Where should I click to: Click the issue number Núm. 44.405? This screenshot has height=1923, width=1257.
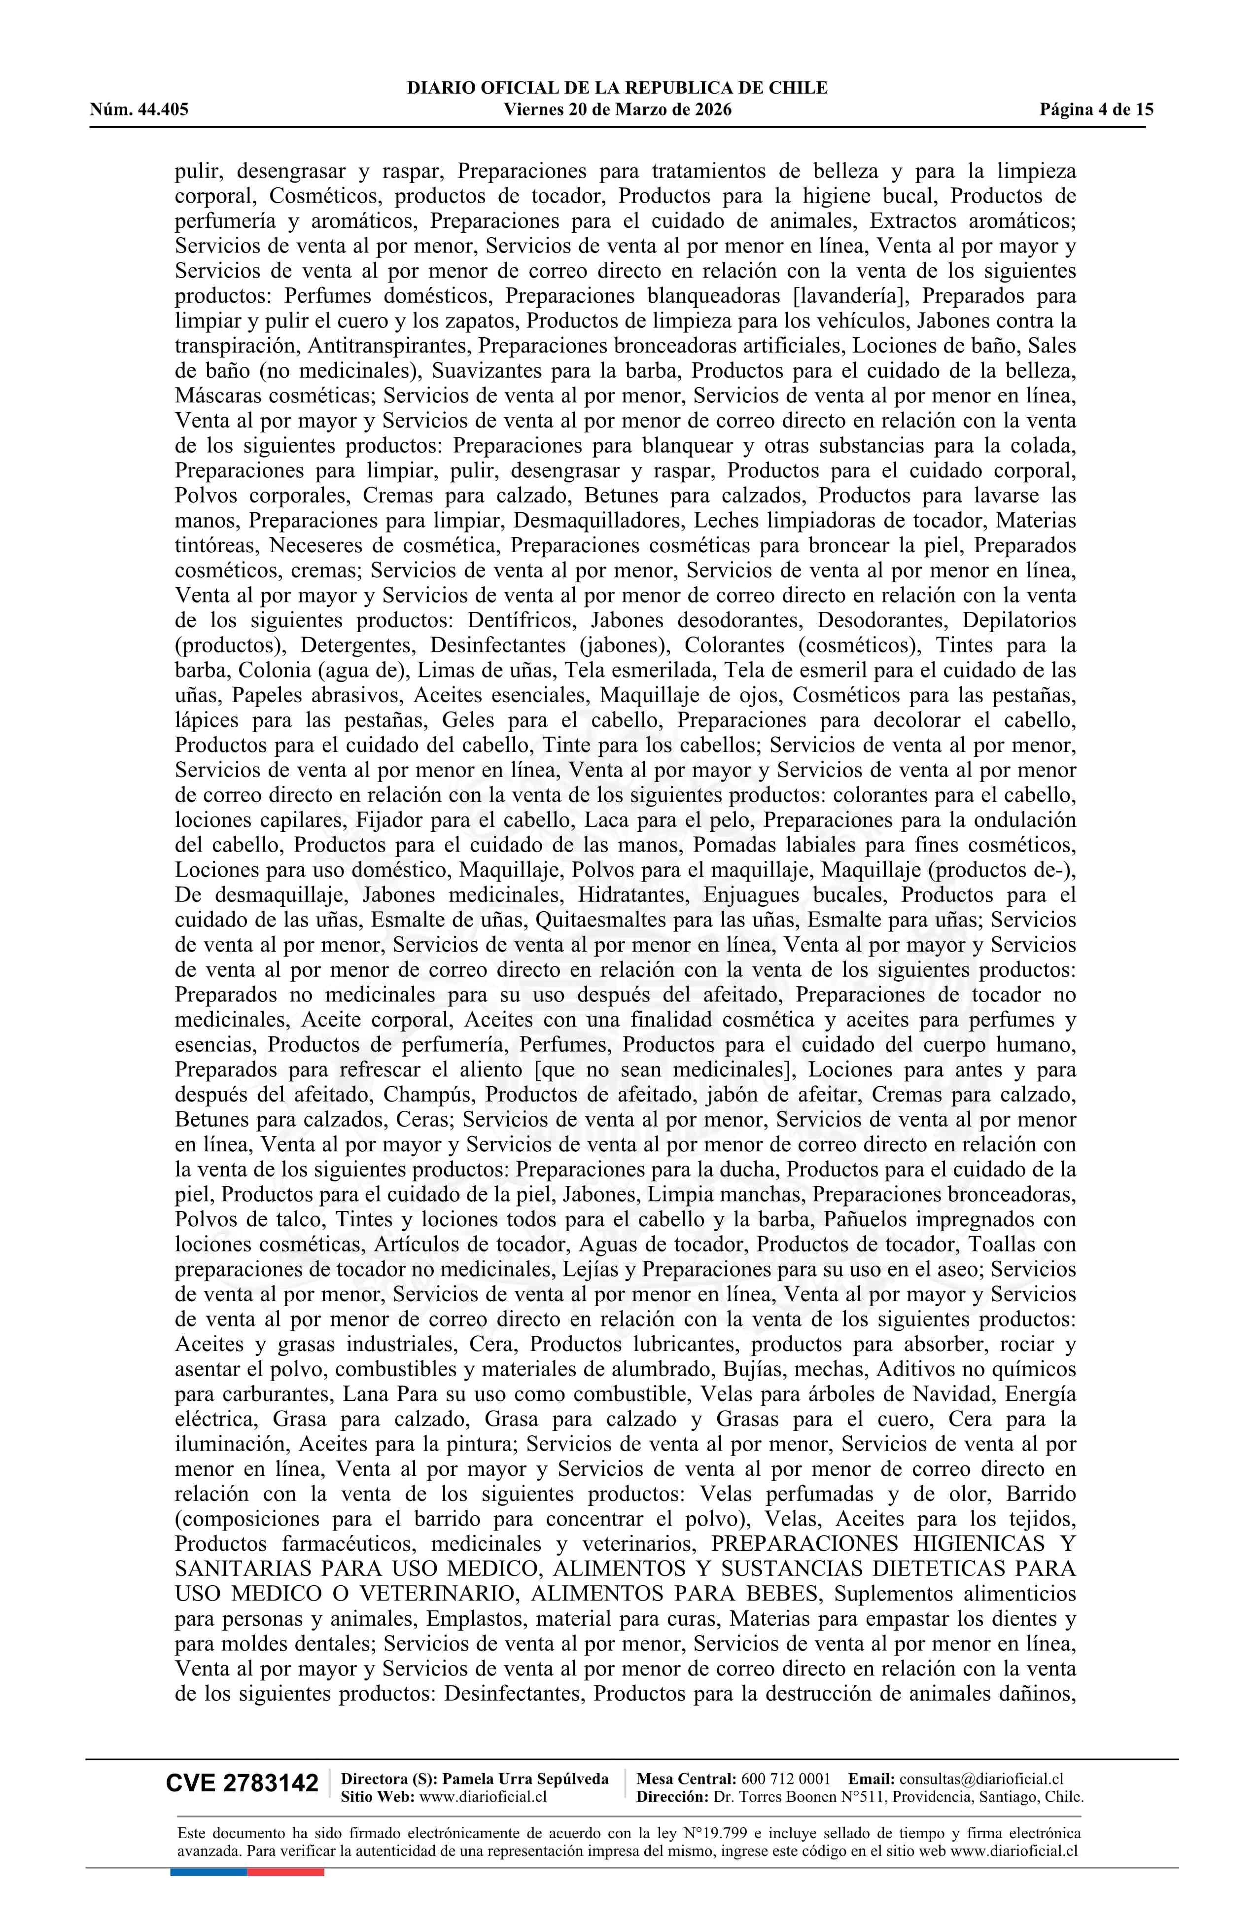pyautogui.click(x=139, y=110)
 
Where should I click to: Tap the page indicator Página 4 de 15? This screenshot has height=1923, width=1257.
pyautogui.click(x=1096, y=110)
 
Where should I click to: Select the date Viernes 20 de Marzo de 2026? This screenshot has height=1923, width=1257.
pyautogui.click(x=617, y=110)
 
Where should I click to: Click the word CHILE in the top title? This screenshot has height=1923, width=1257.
pyautogui.click(x=798, y=88)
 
